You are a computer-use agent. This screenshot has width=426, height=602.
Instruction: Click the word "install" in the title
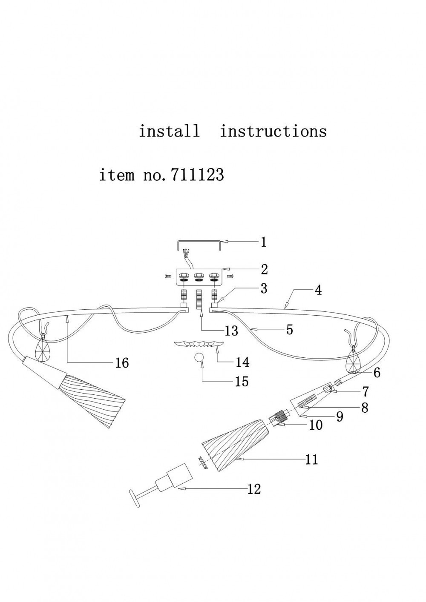point(169,131)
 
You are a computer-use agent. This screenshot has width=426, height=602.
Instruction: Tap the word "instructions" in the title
point(273,131)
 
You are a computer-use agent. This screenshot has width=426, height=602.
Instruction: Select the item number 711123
point(197,175)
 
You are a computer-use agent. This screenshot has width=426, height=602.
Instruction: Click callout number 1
point(264,242)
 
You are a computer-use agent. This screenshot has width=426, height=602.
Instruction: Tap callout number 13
point(231,331)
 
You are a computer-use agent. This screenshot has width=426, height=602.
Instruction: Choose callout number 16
point(122,363)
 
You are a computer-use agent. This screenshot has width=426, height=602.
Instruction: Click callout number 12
point(254,489)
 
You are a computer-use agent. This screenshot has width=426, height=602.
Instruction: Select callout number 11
point(312,459)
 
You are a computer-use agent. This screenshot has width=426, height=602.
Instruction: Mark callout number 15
point(242,381)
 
